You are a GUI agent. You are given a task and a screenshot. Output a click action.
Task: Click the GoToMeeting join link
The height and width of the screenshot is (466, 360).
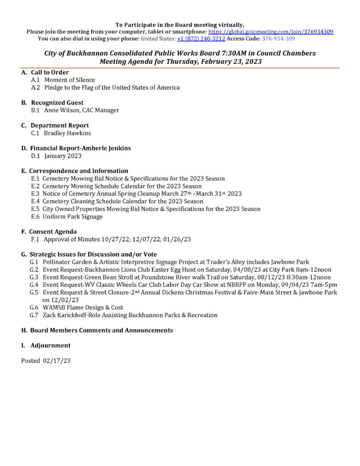[270, 32]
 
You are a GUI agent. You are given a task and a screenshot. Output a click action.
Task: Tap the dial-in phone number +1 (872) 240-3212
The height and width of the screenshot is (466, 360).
[201, 39]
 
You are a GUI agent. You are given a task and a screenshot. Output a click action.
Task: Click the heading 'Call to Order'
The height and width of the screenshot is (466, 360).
[50, 72]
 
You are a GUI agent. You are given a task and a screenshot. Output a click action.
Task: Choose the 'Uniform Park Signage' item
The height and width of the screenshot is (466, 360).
[72, 217]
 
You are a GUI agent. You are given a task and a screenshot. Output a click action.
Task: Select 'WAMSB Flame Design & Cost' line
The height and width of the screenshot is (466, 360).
[83, 308]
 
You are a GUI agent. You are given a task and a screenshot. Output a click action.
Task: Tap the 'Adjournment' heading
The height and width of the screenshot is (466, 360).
[50, 345]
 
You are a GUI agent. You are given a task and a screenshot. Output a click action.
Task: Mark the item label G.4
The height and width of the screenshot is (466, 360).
[34, 285]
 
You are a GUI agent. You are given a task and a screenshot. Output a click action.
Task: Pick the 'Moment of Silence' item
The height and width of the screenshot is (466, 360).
[70, 80]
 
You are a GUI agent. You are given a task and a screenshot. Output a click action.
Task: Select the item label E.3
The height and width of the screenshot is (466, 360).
[35, 194]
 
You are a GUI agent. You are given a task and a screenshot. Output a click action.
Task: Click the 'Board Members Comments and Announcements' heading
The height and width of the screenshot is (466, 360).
[101, 330]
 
